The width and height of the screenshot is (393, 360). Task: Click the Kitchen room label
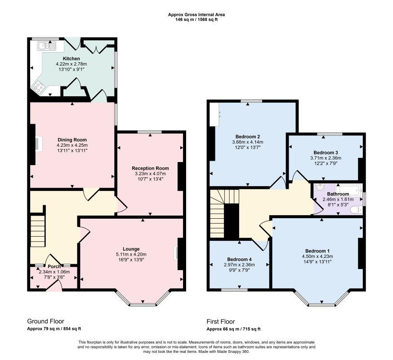tap(71, 58)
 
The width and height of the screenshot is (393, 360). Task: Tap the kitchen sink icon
tap(47, 46)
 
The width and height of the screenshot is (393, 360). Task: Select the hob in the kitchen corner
tap(38, 87)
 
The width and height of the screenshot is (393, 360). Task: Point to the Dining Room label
tap(72, 140)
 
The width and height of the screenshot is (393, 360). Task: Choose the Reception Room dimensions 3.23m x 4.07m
tap(150, 174)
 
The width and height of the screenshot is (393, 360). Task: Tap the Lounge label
tap(131, 249)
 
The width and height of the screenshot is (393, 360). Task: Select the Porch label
tap(54, 266)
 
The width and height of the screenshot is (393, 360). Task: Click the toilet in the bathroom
tap(357, 210)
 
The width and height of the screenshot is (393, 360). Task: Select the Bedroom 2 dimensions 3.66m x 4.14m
tap(248, 142)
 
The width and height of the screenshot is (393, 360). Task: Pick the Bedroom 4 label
tap(239, 259)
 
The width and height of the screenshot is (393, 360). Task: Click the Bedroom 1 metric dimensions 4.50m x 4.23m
tap(317, 256)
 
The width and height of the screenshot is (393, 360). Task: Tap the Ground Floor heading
tap(45, 321)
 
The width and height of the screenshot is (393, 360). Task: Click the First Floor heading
tap(221, 321)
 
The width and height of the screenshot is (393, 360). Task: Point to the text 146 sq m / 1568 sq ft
tap(196, 19)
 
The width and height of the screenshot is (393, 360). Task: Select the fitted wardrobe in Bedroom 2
tap(215, 114)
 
